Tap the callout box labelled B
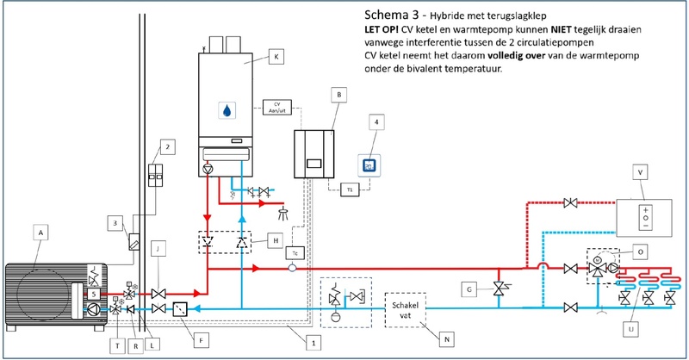pyautogui.click(x=341, y=94)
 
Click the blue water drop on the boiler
pyautogui.click(x=227, y=111)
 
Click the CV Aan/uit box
pyautogui.click(x=277, y=108)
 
